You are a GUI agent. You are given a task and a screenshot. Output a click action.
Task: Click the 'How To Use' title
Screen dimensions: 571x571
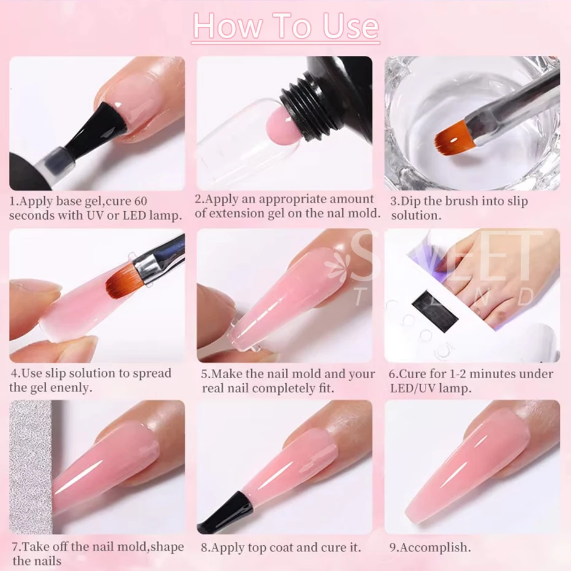click(x=285, y=26)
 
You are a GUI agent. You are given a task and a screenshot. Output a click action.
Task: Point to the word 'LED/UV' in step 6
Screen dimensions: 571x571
click(x=412, y=387)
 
